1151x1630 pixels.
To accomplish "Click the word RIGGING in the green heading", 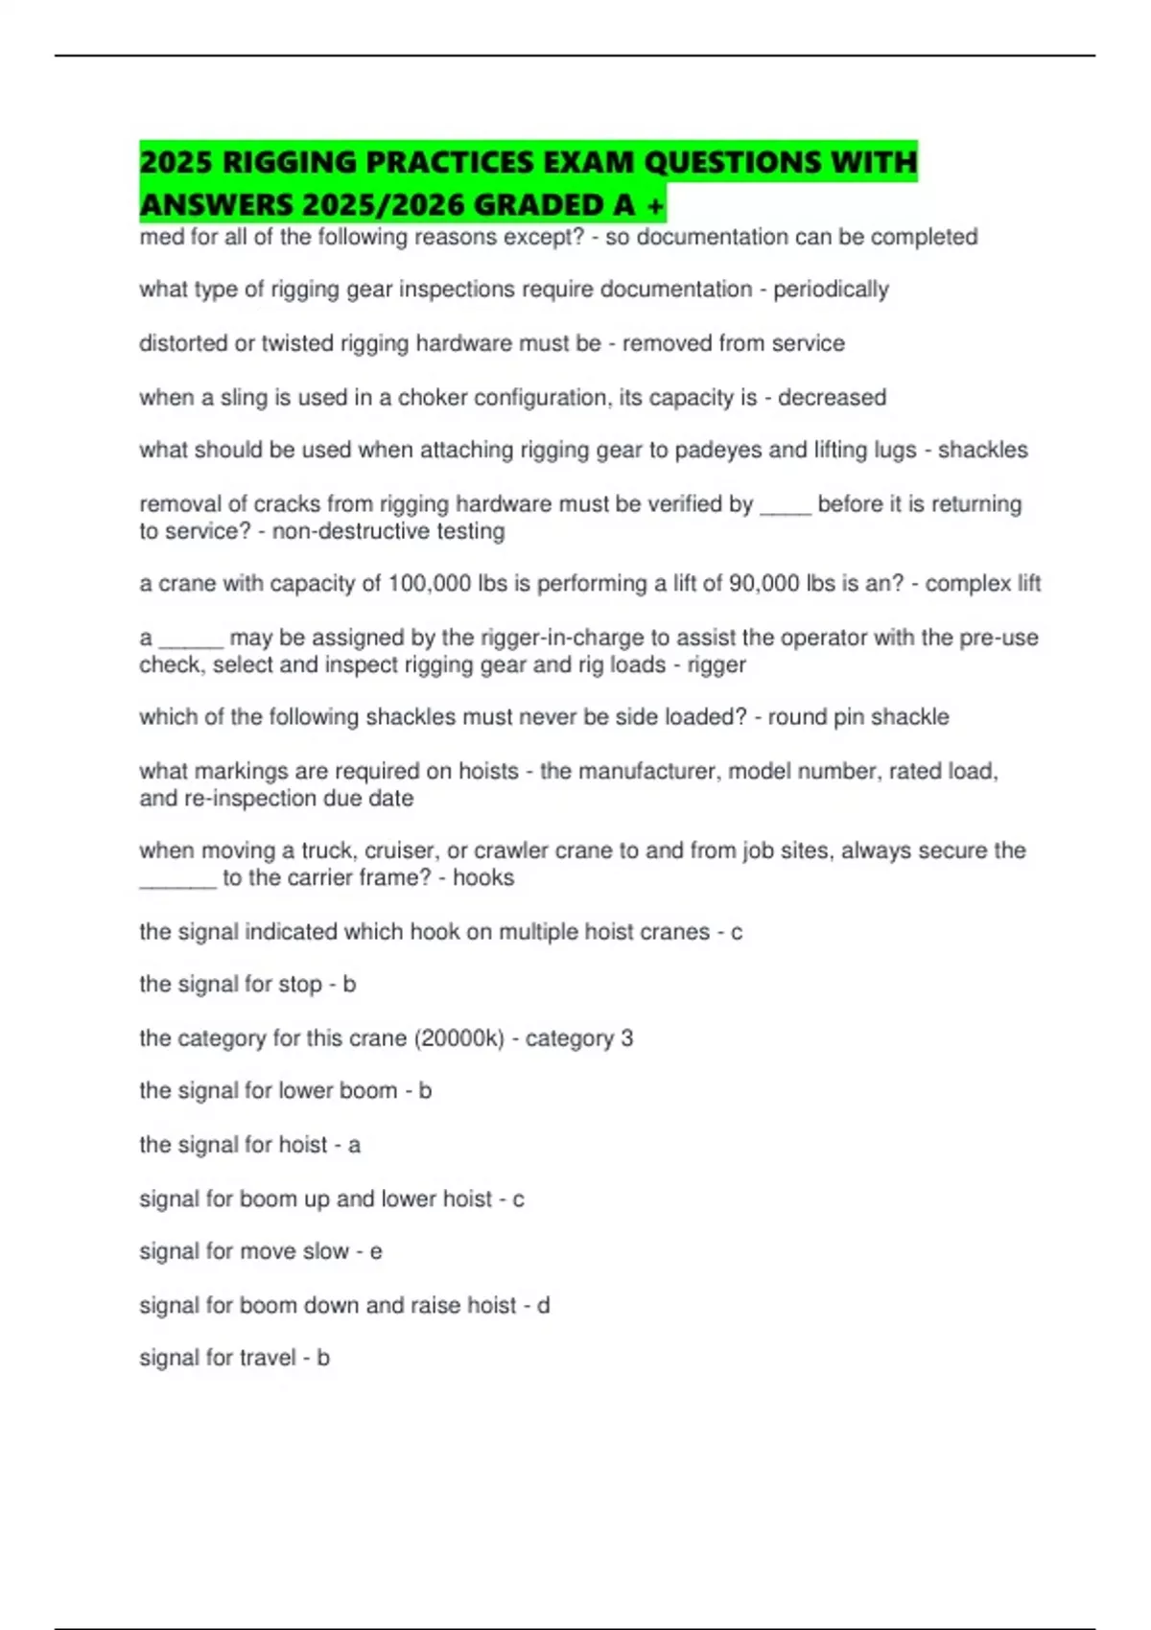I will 290,162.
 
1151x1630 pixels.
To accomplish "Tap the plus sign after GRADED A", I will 656,205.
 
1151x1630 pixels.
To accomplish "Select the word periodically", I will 831,290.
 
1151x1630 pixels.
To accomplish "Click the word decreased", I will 832,397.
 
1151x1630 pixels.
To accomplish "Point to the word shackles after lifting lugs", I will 982,450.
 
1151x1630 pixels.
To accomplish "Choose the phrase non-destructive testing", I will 388,531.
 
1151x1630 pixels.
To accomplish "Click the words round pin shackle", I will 858,717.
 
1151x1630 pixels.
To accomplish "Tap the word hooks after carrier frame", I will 483,877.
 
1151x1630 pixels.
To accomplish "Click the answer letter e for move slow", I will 376,1252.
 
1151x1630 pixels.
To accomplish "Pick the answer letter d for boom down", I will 543,1305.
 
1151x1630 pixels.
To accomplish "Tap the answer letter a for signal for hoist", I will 354,1145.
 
